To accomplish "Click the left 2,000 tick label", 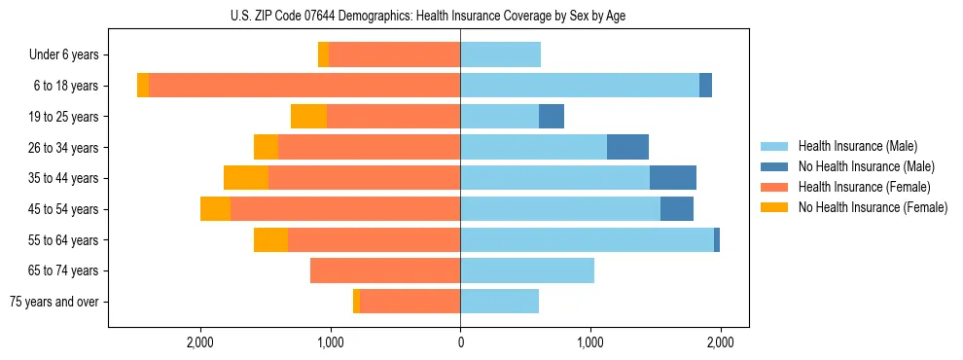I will pos(200,342).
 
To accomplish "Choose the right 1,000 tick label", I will pos(590,342).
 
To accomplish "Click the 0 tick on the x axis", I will pos(460,342).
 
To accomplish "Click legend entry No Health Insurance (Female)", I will pos(873,207).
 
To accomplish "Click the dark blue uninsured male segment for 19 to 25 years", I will pos(552,117).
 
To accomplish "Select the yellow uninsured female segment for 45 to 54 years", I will pos(215,209).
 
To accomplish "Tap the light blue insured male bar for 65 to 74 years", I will pos(527,270).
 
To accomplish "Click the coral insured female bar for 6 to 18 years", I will pos(304,86).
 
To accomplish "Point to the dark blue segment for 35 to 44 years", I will pos(673,178).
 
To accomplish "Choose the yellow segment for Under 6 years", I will pos(323,55).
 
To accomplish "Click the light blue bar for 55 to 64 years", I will pos(587,240).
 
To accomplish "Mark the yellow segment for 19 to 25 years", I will pos(308,117).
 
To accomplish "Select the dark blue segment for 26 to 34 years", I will pos(627,148).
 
